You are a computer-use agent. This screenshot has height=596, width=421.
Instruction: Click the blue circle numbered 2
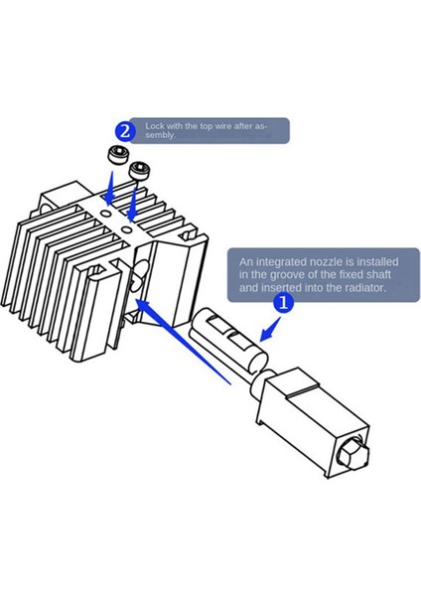125,131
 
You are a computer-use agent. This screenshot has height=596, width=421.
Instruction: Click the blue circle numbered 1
284,303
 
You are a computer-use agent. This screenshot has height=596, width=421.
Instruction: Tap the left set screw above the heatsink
116,155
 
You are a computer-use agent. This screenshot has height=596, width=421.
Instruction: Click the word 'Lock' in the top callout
154,126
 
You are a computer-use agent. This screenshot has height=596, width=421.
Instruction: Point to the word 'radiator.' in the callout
365,288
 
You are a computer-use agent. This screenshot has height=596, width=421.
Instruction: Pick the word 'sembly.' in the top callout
161,136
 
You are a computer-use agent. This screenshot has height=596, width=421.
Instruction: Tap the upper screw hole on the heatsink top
107,214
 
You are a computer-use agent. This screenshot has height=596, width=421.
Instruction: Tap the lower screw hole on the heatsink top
127,229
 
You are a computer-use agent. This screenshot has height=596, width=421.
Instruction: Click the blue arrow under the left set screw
110,189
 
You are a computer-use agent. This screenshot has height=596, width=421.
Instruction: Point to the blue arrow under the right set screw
132,203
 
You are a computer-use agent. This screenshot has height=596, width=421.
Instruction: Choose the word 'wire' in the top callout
223,126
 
